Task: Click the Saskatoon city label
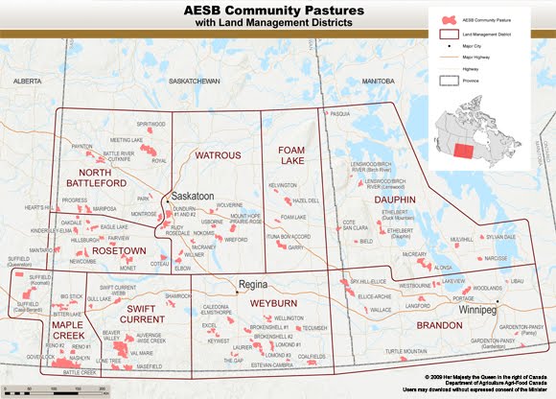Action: point(196,194)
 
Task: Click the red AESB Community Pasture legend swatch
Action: point(445,19)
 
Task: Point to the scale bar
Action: point(58,387)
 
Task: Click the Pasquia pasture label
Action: point(340,114)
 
